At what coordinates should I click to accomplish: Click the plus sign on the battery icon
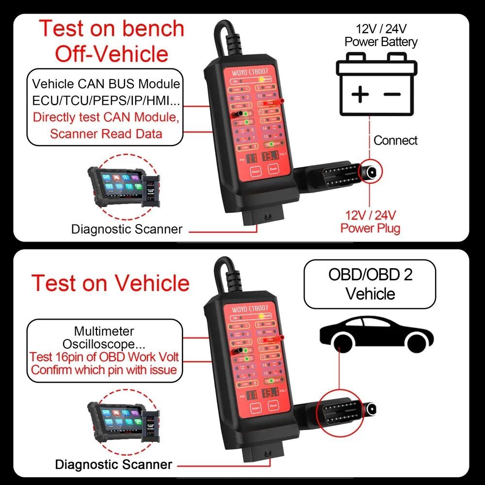click(x=360, y=94)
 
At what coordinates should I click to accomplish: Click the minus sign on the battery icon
click(x=391, y=94)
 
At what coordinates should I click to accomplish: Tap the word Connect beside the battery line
click(x=395, y=141)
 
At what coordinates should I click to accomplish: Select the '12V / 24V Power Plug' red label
click(x=371, y=221)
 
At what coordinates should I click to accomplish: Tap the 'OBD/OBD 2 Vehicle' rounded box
click(x=370, y=284)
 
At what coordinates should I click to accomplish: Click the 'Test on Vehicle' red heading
click(x=111, y=283)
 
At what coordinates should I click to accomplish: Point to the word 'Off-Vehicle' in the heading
click(x=112, y=53)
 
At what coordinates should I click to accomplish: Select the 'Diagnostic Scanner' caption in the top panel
click(x=127, y=229)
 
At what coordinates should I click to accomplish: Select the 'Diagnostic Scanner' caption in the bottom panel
click(x=113, y=464)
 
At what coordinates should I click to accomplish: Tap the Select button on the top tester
click(x=256, y=172)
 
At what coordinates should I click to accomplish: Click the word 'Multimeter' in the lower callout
click(x=104, y=332)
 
